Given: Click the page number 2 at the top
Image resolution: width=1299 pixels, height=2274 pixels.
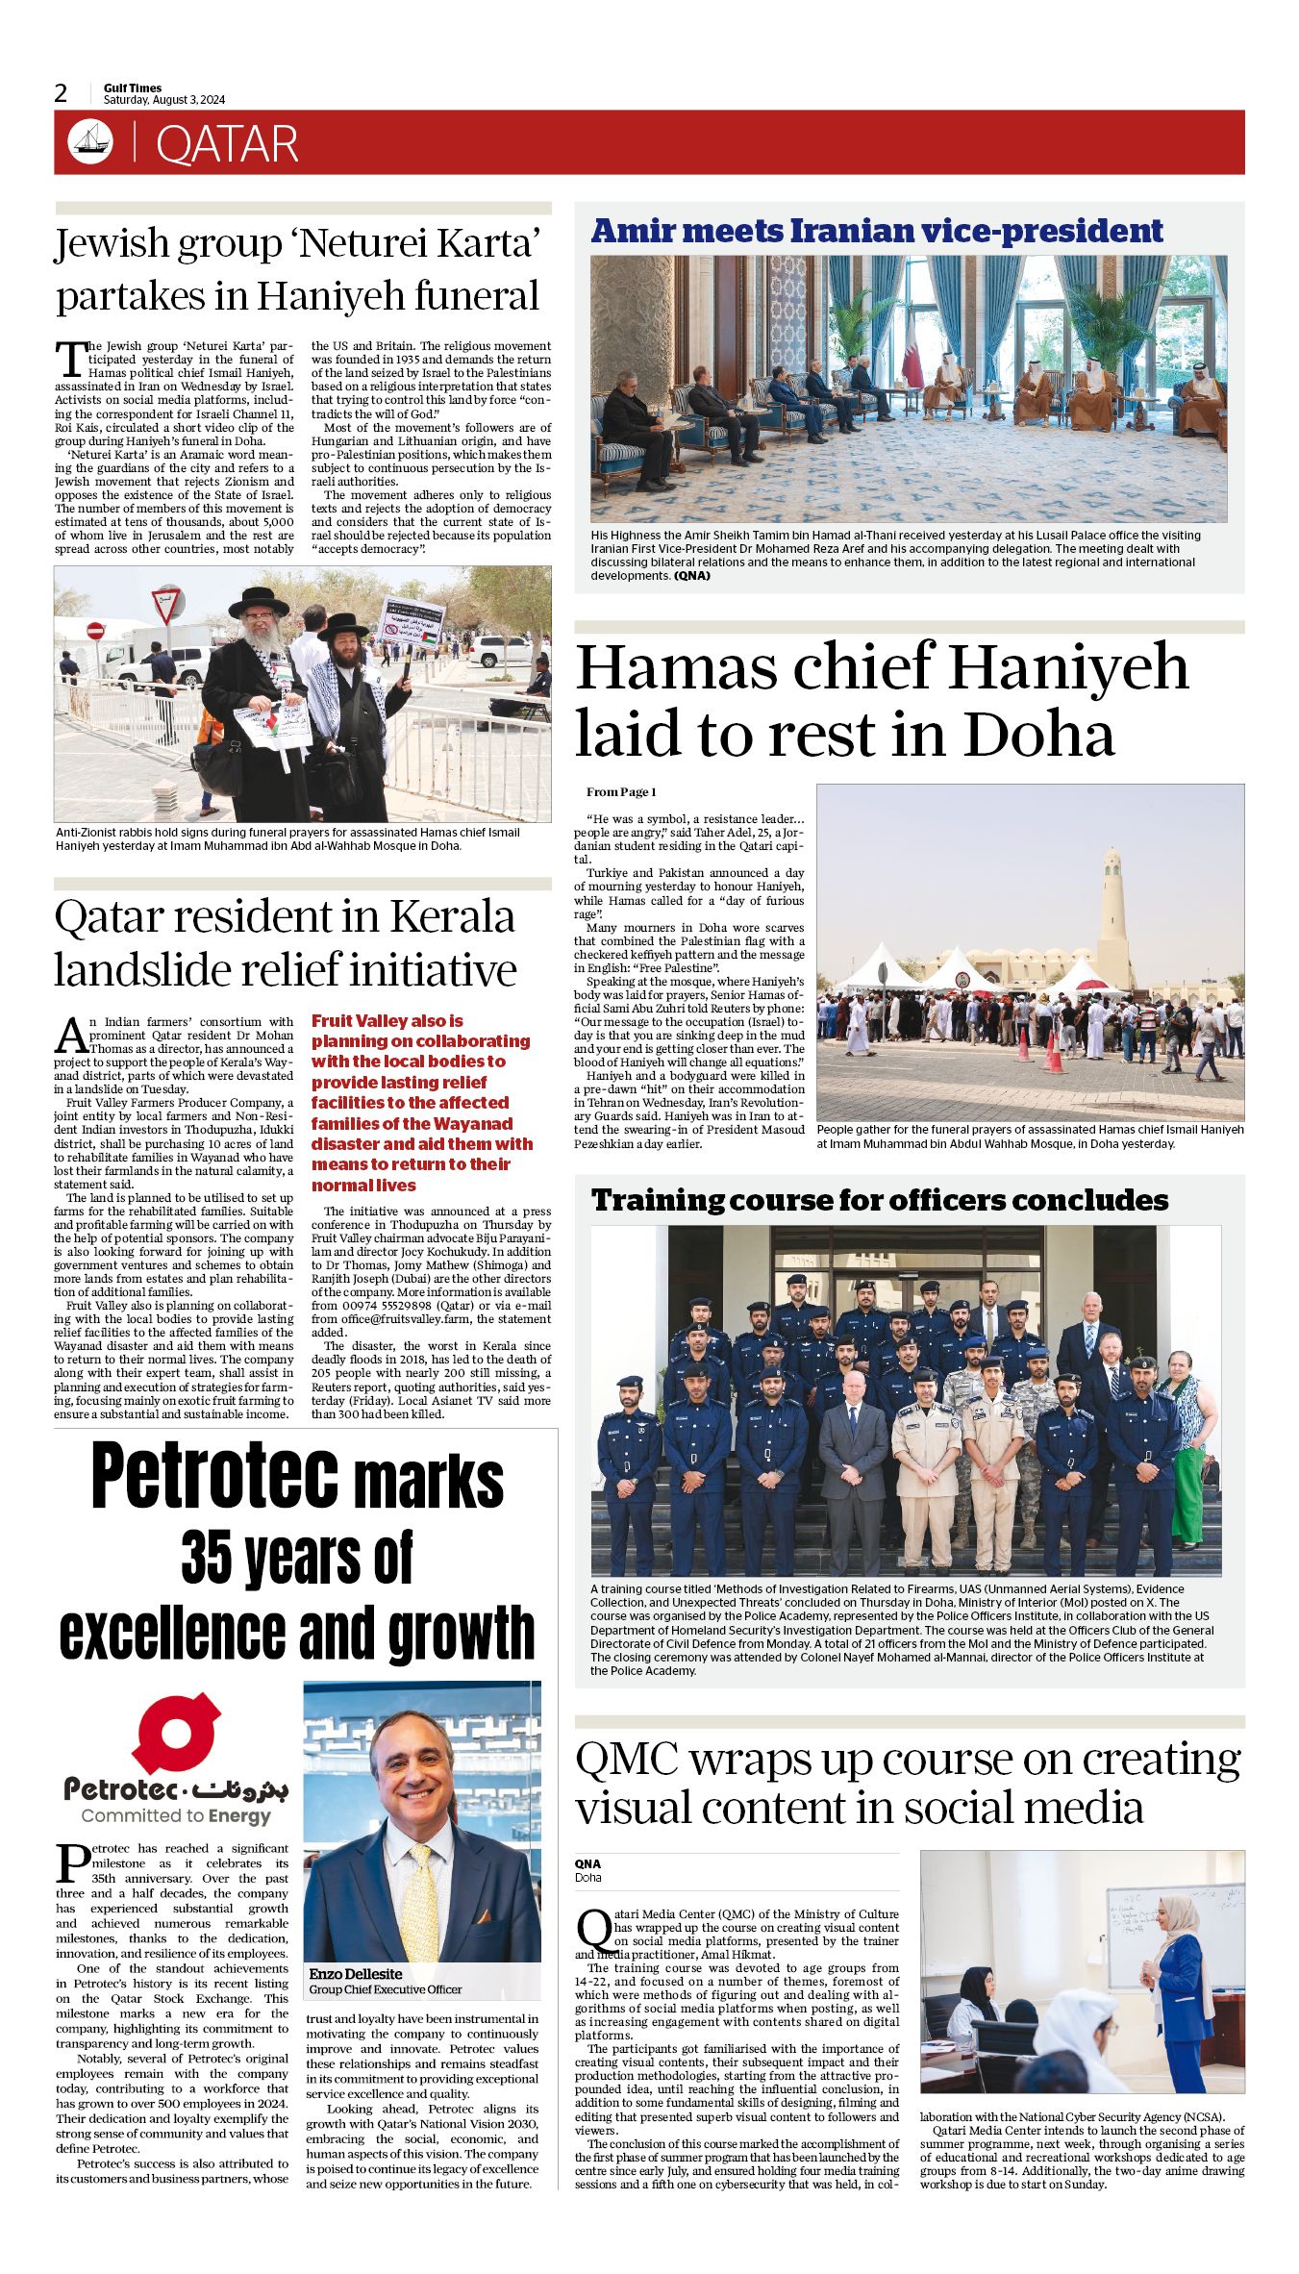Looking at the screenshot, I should point(62,93).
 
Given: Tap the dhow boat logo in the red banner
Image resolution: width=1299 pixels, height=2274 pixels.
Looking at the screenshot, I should point(90,141).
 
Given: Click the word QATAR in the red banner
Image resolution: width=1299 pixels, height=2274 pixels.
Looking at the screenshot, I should point(227,144).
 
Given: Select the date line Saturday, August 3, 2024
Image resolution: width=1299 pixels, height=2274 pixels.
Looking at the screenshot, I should point(164,100).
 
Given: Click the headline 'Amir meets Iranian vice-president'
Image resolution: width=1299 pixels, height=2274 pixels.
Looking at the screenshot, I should point(876,231).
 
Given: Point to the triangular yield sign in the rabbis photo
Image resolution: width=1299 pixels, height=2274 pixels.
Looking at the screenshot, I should point(167,604).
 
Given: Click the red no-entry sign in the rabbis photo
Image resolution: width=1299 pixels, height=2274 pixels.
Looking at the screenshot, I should point(95,631).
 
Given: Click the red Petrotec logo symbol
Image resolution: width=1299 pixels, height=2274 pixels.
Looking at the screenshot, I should point(177,1733).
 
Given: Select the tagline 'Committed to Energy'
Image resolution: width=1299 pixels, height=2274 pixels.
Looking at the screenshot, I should point(176,1815).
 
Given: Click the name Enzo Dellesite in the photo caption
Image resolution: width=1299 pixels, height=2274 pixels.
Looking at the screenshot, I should point(355,1974).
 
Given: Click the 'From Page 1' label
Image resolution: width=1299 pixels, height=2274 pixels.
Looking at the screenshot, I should point(621,791).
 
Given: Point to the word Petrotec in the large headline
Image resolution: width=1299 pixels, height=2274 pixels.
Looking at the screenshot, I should point(214,1478).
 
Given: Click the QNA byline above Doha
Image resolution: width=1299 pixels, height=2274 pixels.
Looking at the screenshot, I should point(587,1863).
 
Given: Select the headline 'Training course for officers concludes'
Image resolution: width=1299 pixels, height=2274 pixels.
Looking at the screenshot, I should point(879,1200).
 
